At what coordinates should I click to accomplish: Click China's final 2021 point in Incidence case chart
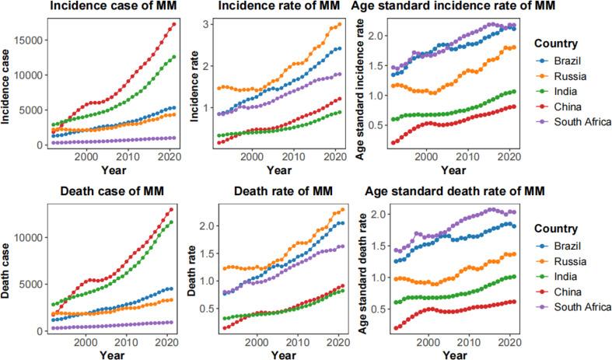[x=173, y=24]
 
